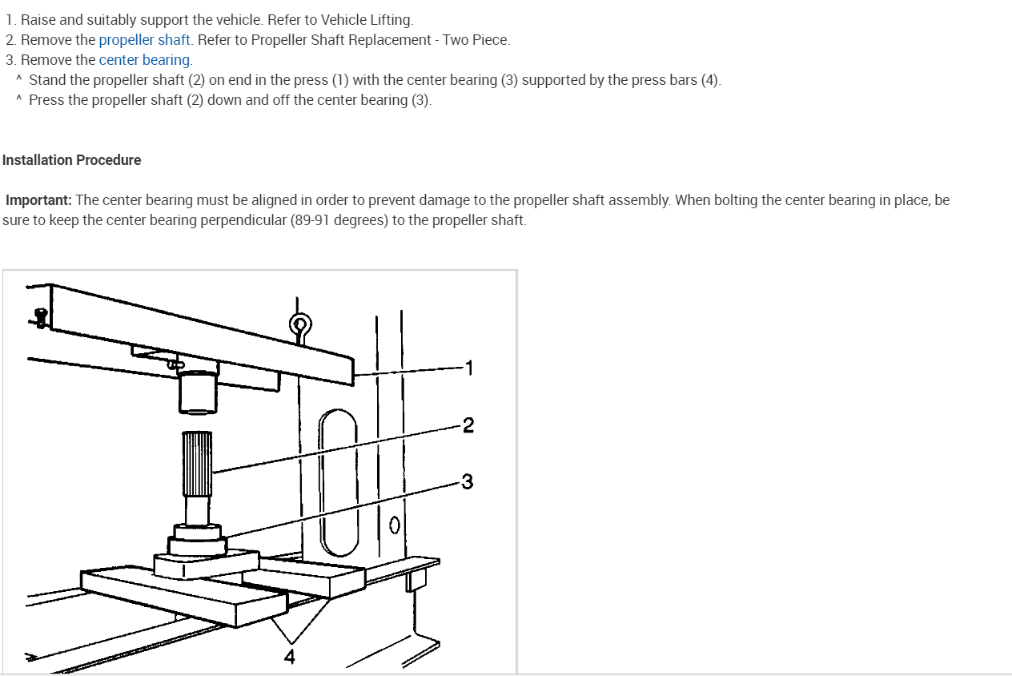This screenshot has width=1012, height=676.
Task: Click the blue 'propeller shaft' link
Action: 144,40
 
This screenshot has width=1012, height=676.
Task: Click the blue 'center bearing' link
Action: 144,60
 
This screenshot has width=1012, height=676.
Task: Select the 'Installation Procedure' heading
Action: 71,160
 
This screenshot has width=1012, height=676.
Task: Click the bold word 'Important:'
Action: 38,200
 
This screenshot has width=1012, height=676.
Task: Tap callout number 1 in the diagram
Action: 469,368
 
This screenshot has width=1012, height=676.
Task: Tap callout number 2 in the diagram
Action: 468,425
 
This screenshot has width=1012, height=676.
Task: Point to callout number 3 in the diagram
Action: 468,481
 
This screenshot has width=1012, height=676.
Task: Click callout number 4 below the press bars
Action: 289,658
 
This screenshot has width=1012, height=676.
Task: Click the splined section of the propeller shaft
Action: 197,463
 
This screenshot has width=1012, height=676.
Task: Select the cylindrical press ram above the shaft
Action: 197,392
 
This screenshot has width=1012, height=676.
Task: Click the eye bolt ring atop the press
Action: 299,324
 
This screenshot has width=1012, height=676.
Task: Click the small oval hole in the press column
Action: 394,526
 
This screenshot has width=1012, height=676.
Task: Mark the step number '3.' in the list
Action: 10,60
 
